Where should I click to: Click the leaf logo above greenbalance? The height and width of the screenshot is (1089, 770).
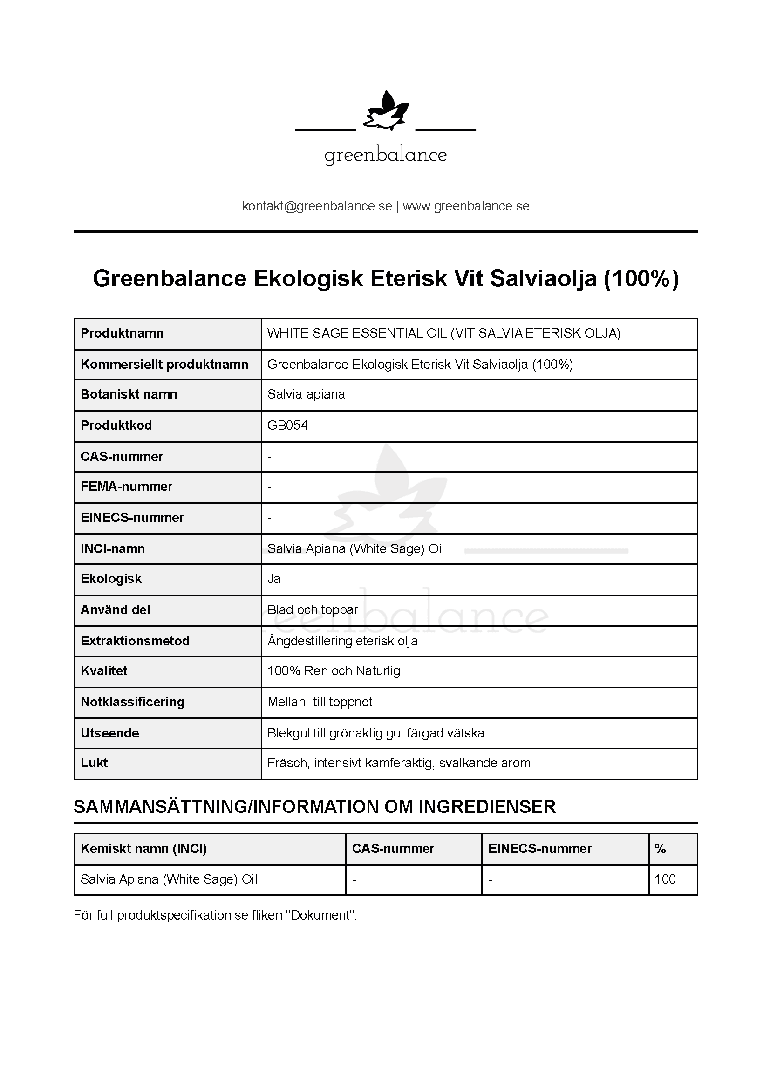pos(385,112)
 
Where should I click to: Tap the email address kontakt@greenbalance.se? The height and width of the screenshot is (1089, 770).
pos(317,206)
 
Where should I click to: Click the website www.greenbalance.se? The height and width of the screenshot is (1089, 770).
pos(466,206)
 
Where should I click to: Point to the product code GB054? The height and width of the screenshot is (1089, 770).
pos(287,426)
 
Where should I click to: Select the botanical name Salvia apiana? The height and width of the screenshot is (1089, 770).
pos(306,394)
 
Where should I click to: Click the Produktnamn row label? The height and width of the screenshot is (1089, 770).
pos(122,333)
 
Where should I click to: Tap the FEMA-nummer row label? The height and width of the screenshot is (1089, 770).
pos(126,486)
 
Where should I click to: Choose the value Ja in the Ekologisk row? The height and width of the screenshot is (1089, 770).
pos(274,579)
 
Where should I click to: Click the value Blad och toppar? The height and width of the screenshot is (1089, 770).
pos(313,609)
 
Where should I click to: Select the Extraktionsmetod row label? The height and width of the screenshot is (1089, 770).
pos(135,641)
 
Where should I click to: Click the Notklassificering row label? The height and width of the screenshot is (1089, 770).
pos(132,702)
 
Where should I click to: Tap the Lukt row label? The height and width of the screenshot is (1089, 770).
pos(94,763)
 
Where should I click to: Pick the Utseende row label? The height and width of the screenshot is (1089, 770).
pos(109,733)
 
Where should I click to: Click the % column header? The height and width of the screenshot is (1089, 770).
pos(660,849)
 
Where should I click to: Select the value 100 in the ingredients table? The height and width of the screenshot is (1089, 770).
pos(665,879)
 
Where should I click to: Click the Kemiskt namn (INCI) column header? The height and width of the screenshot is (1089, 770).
pos(144,849)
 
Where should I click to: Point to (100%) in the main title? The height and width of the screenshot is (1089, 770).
pos(641,278)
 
